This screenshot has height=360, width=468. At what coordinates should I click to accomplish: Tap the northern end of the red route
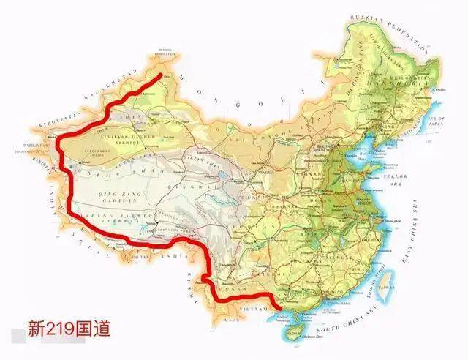click(161, 73)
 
